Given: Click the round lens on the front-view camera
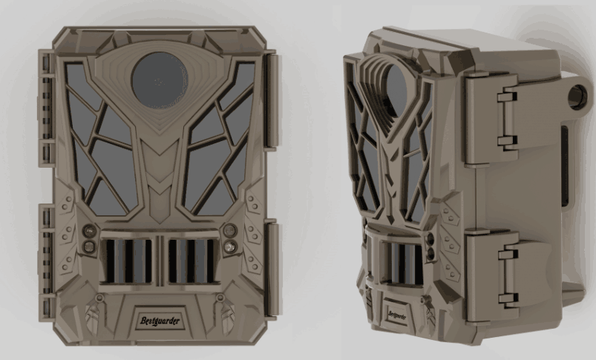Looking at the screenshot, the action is [x=160, y=80].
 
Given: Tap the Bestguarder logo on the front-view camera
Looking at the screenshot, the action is [x=160, y=321].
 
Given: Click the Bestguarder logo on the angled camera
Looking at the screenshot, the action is [x=397, y=315].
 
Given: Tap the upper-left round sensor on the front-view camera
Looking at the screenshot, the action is [x=89, y=230].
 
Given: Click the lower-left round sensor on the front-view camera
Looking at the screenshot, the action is [x=89, y=246].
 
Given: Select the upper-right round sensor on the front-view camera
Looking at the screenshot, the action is [x=230, y=229].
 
